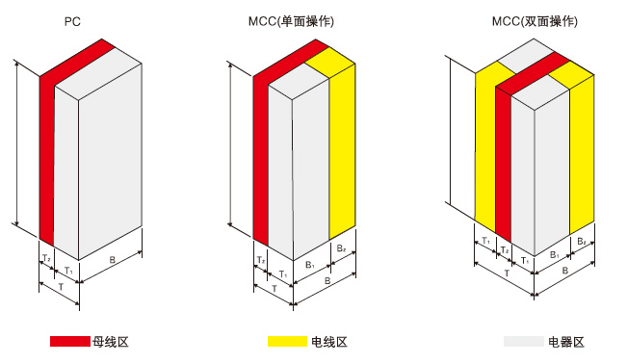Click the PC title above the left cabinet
coord(72,20)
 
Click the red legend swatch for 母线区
coord(70,342)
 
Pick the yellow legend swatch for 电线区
coord(286,342)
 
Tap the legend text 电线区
coord(328,342)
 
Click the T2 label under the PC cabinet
coord(46,258)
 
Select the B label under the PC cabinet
coord(112,260)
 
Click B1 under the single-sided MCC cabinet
coord(309,262)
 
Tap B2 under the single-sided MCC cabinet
coord(342,248)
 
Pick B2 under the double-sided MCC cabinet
coord(580,242)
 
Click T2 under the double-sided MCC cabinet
coord(504,250)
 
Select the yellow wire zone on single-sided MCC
coord(342,154)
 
